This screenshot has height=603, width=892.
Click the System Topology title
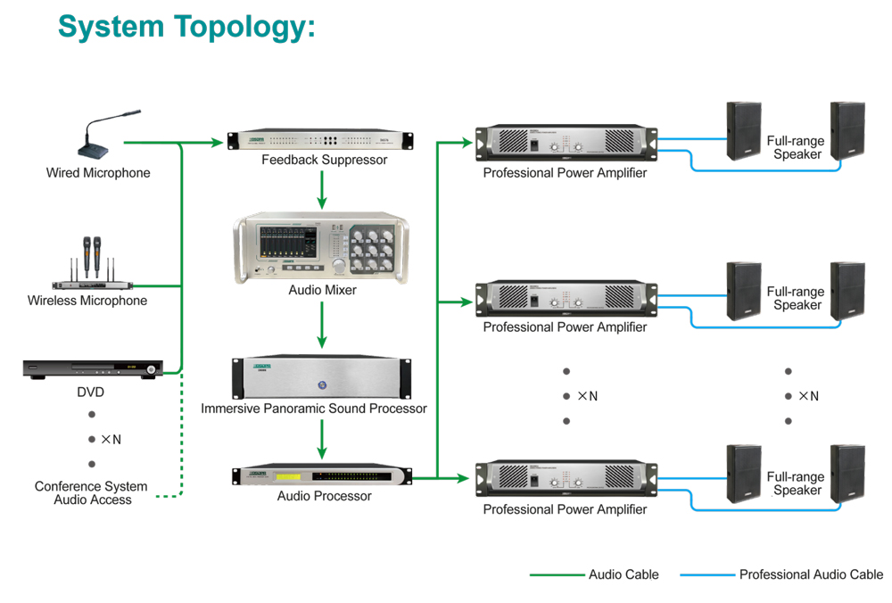186,26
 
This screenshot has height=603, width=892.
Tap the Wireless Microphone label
87,301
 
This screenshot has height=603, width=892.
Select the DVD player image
93,368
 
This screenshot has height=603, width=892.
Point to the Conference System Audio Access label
93,493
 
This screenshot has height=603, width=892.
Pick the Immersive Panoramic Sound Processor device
322,378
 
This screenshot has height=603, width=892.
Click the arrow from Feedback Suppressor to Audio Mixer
322,188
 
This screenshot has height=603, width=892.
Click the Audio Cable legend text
624,574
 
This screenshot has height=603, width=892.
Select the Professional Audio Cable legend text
811,574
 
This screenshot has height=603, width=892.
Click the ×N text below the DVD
111,440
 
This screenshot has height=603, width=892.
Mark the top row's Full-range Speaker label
797,147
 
